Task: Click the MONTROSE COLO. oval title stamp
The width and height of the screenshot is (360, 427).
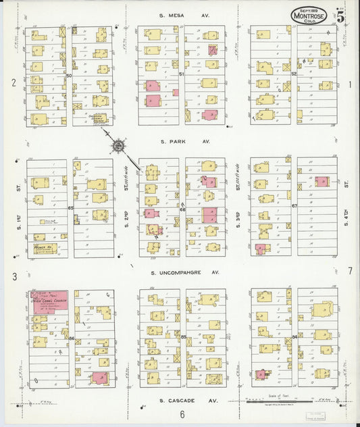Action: click(x=313, y=15)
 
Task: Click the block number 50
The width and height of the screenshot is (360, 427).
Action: click(x=69, y=76)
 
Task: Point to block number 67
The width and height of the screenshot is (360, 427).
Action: click(x=294, y=206)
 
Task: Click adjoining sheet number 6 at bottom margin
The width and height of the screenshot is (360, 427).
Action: click(x=182, y=414)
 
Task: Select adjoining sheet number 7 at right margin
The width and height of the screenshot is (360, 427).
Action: click(x=350, y=271)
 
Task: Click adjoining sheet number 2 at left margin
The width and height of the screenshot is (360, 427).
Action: click(x=13, y=84)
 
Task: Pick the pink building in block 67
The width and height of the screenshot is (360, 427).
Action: click(x=322, y=182)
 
